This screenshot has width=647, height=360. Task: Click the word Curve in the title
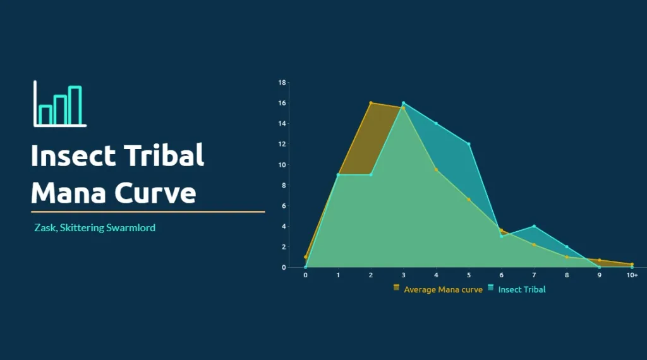coord(155,192)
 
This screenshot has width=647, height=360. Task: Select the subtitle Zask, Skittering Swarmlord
coord(95,227)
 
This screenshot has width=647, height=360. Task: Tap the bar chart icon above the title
coord(60,104)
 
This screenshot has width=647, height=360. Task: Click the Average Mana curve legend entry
coord(438,289)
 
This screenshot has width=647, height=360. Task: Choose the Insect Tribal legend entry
coord(517,289)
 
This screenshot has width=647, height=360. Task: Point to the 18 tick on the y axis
coord(282,83)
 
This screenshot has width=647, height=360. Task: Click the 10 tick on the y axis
coord(282,165)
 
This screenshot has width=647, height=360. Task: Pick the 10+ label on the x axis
coord(632,275)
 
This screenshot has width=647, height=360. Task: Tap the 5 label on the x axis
coord(469,275)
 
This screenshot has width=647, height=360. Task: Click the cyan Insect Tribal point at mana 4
coord(436,123)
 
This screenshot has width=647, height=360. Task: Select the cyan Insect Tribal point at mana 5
coord(469,144)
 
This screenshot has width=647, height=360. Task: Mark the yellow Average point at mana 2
coord(371,103)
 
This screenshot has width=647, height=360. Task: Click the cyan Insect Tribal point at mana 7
coord(534,226)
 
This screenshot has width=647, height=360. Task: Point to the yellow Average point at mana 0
coord(305,257)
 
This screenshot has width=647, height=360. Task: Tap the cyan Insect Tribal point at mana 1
coord(338,175)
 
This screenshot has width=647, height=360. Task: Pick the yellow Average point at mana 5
coord(469,200)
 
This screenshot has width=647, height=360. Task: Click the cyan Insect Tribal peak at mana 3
coord(404,103)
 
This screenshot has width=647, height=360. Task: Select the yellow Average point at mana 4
coord(436,169)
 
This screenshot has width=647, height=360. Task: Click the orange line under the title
coord(148,212)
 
